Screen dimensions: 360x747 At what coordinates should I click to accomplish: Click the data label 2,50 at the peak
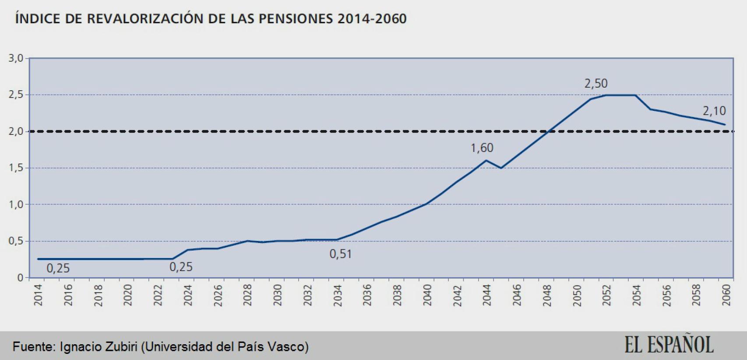pos(596,83)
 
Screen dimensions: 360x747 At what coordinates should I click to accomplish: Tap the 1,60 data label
pos(482,148)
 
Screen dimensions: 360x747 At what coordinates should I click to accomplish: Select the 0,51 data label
pos(341,254)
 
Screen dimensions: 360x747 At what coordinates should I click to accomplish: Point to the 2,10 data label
pos(714,111)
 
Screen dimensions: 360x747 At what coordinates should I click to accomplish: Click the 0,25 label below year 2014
pos(58,268)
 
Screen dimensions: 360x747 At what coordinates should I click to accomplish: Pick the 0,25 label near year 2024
pos(181,267)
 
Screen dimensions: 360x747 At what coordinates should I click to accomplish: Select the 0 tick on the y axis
pos(20,278)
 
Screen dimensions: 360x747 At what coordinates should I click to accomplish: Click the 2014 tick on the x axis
pos(39,295)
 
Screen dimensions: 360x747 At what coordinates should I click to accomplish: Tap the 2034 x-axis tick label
pos(338,295)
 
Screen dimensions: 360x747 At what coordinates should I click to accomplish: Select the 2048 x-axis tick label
pos(547,295)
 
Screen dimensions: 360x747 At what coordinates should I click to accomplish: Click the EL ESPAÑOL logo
pos(669,345)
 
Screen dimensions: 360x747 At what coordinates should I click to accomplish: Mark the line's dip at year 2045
pos(501,168)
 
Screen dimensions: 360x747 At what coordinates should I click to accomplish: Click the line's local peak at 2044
pos(486,160)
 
